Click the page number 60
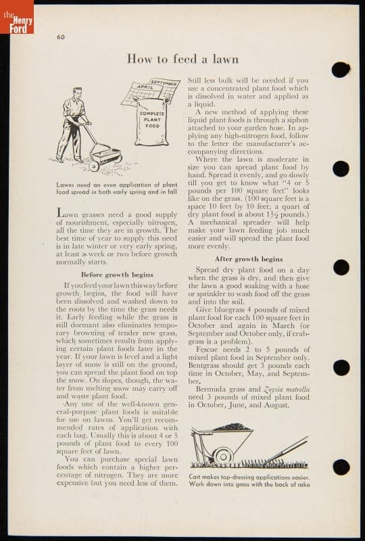tap(61, 37)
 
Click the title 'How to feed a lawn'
tap(182, 59)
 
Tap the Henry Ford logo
tap(17, 18)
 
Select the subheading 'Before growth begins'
tap(117, 275)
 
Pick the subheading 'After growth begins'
tap(249, 259)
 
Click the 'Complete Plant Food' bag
tap(152, 121)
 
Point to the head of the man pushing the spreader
tap(78, 93)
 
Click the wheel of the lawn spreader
tap(94, 166)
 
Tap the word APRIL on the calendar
tap(145, 87)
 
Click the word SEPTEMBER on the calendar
tap(164, 83)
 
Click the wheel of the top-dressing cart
tap(222, 456)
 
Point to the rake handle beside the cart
tap(287, 449)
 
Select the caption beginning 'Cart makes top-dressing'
tap(249, 481)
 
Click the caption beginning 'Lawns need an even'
tap(117, 188)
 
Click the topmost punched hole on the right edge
tap(341, 70)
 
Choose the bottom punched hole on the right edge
tap(341, 467)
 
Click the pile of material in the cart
tap(232, 427)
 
